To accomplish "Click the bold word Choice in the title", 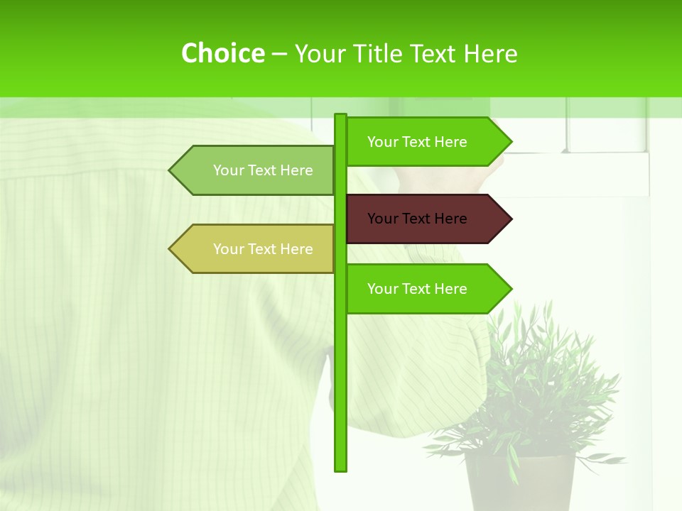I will (222, 53).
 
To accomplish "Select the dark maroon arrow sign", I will (426, 219).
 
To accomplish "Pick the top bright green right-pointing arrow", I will (426, 142).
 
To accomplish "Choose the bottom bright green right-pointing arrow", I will (426, 289).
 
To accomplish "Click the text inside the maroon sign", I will (417, 219).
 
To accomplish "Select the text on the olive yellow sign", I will (263, 249).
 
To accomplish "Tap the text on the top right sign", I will (417, 142).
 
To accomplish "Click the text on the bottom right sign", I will (417, 289).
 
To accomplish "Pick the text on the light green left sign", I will (263, 170).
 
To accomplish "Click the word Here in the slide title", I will (491, 53).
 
